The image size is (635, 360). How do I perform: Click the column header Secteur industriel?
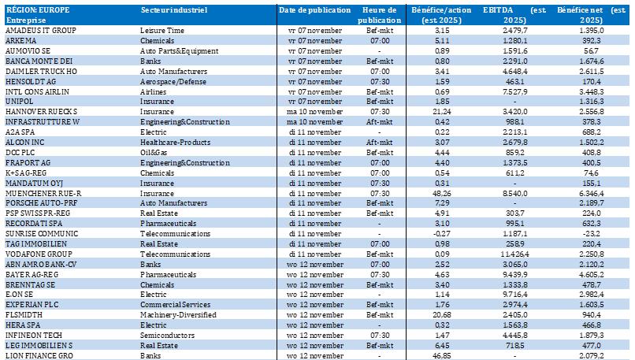tap(173, 9)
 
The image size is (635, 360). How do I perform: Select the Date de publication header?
tap(314, 9)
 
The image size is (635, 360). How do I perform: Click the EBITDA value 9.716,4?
tap(515, 294)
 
